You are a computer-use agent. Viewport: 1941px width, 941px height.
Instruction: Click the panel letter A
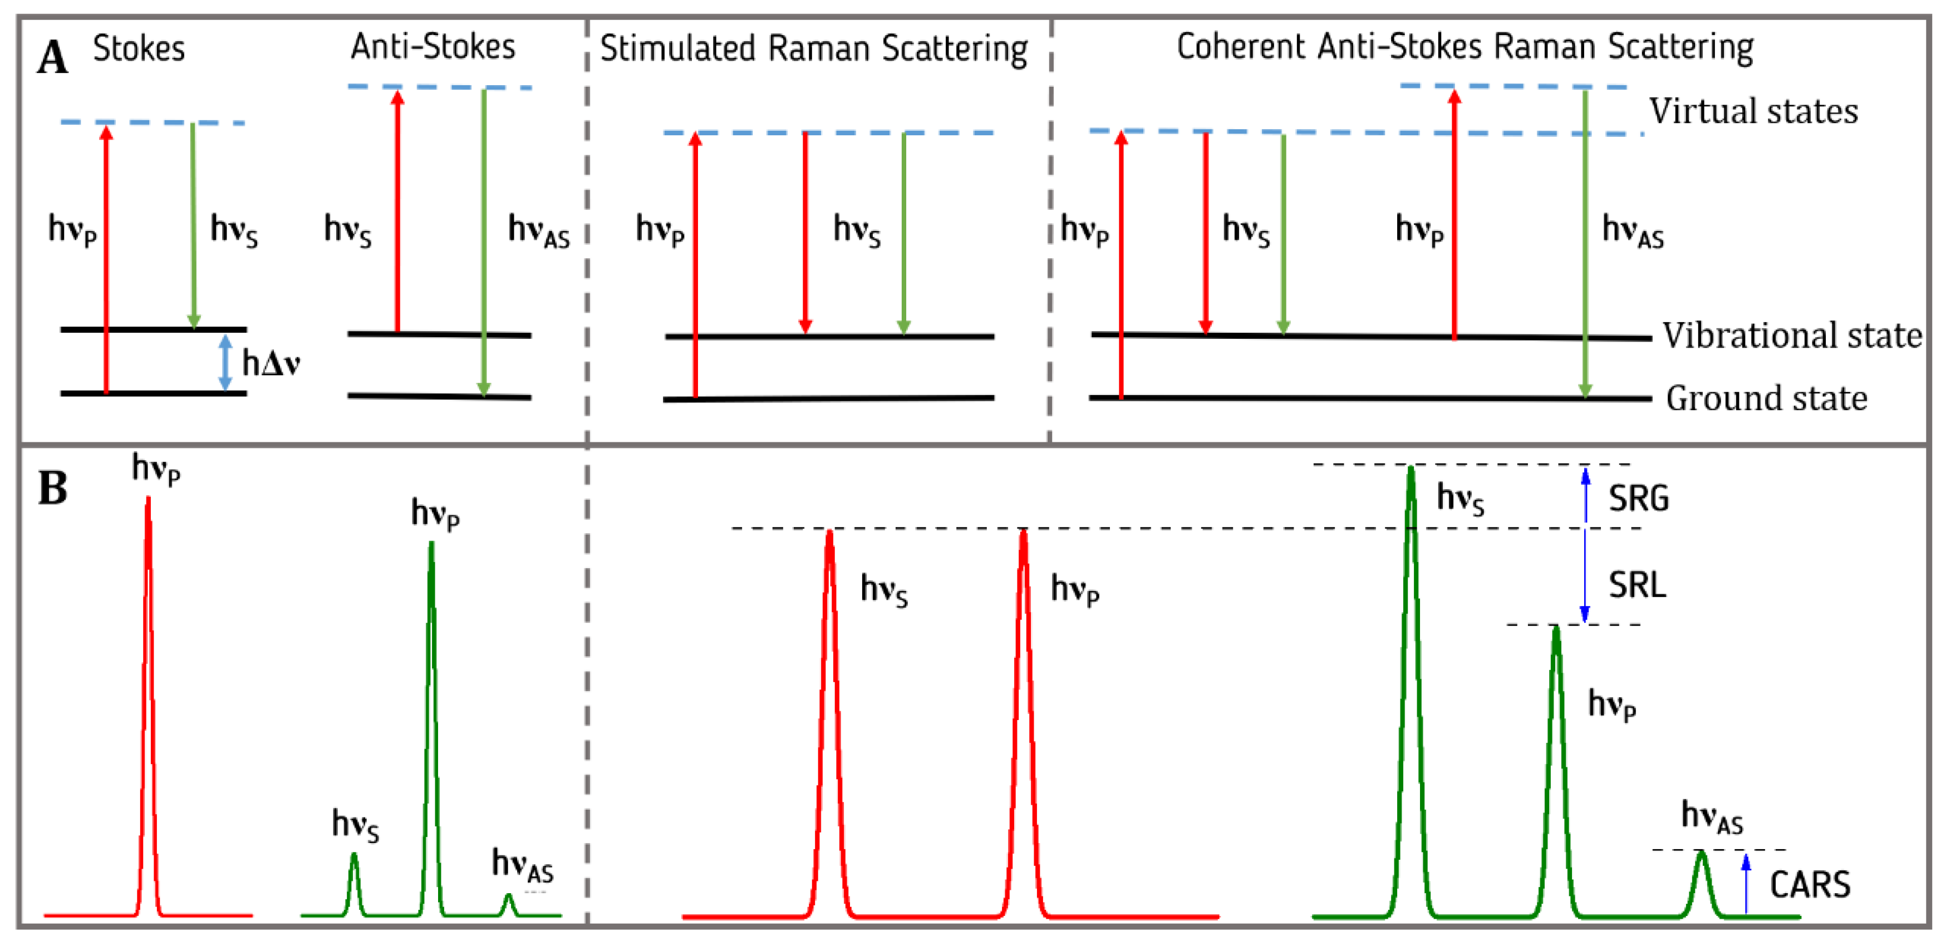pos(53,58)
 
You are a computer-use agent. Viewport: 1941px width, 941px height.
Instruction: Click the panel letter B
pos(53,488)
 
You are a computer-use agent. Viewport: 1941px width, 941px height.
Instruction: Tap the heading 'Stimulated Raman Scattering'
pos(814,49)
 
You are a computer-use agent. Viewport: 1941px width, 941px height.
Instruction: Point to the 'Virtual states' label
pos(1753,111)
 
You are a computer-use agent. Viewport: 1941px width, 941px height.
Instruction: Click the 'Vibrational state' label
pos(1792,335)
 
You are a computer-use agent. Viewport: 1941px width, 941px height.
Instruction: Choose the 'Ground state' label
pos(1766,398)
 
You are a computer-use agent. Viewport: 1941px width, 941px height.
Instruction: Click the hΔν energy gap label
pos(271,363)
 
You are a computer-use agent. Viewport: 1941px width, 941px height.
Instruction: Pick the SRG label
pos(1639,499)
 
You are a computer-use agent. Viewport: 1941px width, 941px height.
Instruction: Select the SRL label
pos(1637,585)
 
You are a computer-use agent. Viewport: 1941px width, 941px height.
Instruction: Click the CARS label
pos(1810,884)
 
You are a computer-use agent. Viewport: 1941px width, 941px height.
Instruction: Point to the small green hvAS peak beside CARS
pos(1701,881)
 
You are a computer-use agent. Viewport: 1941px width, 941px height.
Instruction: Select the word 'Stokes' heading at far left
pos(139,49)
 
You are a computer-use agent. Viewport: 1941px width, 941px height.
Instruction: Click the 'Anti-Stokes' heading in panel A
pos(433,47)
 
